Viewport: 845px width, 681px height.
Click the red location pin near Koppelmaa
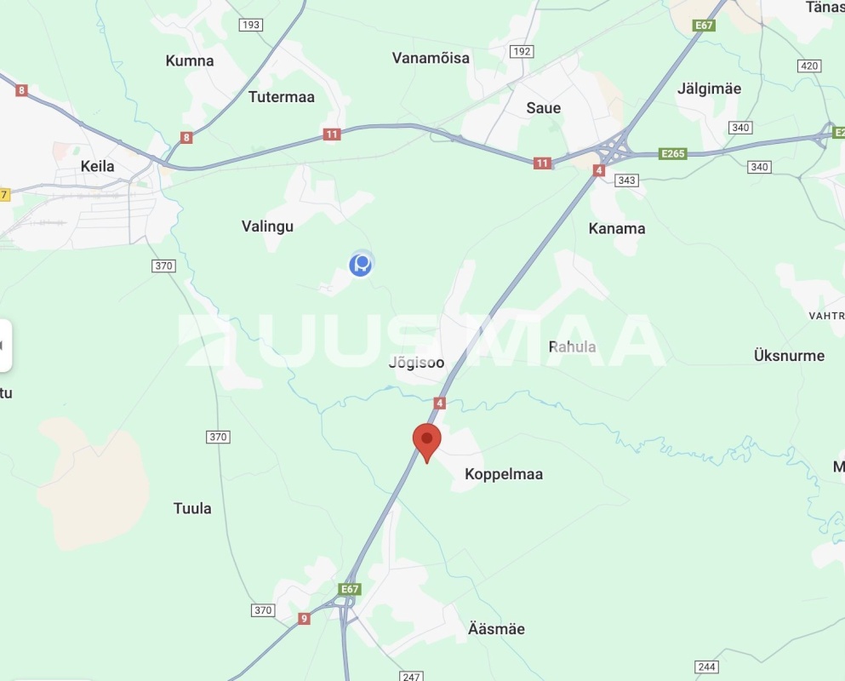click(x=427, y=442)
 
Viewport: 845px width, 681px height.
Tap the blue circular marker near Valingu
click(x=361, y=265)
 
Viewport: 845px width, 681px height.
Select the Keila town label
click(x=97, y=166)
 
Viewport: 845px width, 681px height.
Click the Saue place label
click(x=543, y=108)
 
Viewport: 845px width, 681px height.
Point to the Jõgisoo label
click(x=416, y=363)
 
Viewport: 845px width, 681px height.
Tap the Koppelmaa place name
click(x=504, y=474)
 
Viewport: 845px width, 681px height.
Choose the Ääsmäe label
click(x=496, y=629)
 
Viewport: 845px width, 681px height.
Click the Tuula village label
click(x=192, y=508)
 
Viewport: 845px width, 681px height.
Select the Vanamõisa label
click(x=431, y=58)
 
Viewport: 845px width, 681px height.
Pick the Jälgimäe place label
click(x=709, y=89)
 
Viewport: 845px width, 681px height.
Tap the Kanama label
click(x=617, y=228)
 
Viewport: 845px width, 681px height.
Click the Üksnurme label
click(x=789, y=355)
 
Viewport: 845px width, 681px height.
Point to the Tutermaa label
click(x=282, y=97)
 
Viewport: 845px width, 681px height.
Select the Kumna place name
click(x=190, y=61)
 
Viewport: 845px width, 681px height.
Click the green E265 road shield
click(x=673, y=154)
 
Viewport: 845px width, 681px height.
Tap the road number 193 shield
click(x=250, y=25)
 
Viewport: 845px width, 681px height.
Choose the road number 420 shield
click(x=809, y=66)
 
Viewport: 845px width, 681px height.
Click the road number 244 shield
click(x=706, y=667)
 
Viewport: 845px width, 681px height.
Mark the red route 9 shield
click(x=305, y=619)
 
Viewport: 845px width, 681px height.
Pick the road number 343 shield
click(x=626, y=180)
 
